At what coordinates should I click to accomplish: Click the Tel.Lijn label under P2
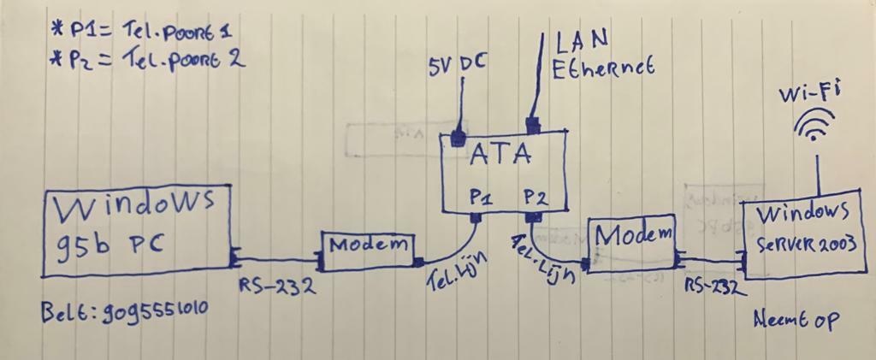(x=543, y=260)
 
